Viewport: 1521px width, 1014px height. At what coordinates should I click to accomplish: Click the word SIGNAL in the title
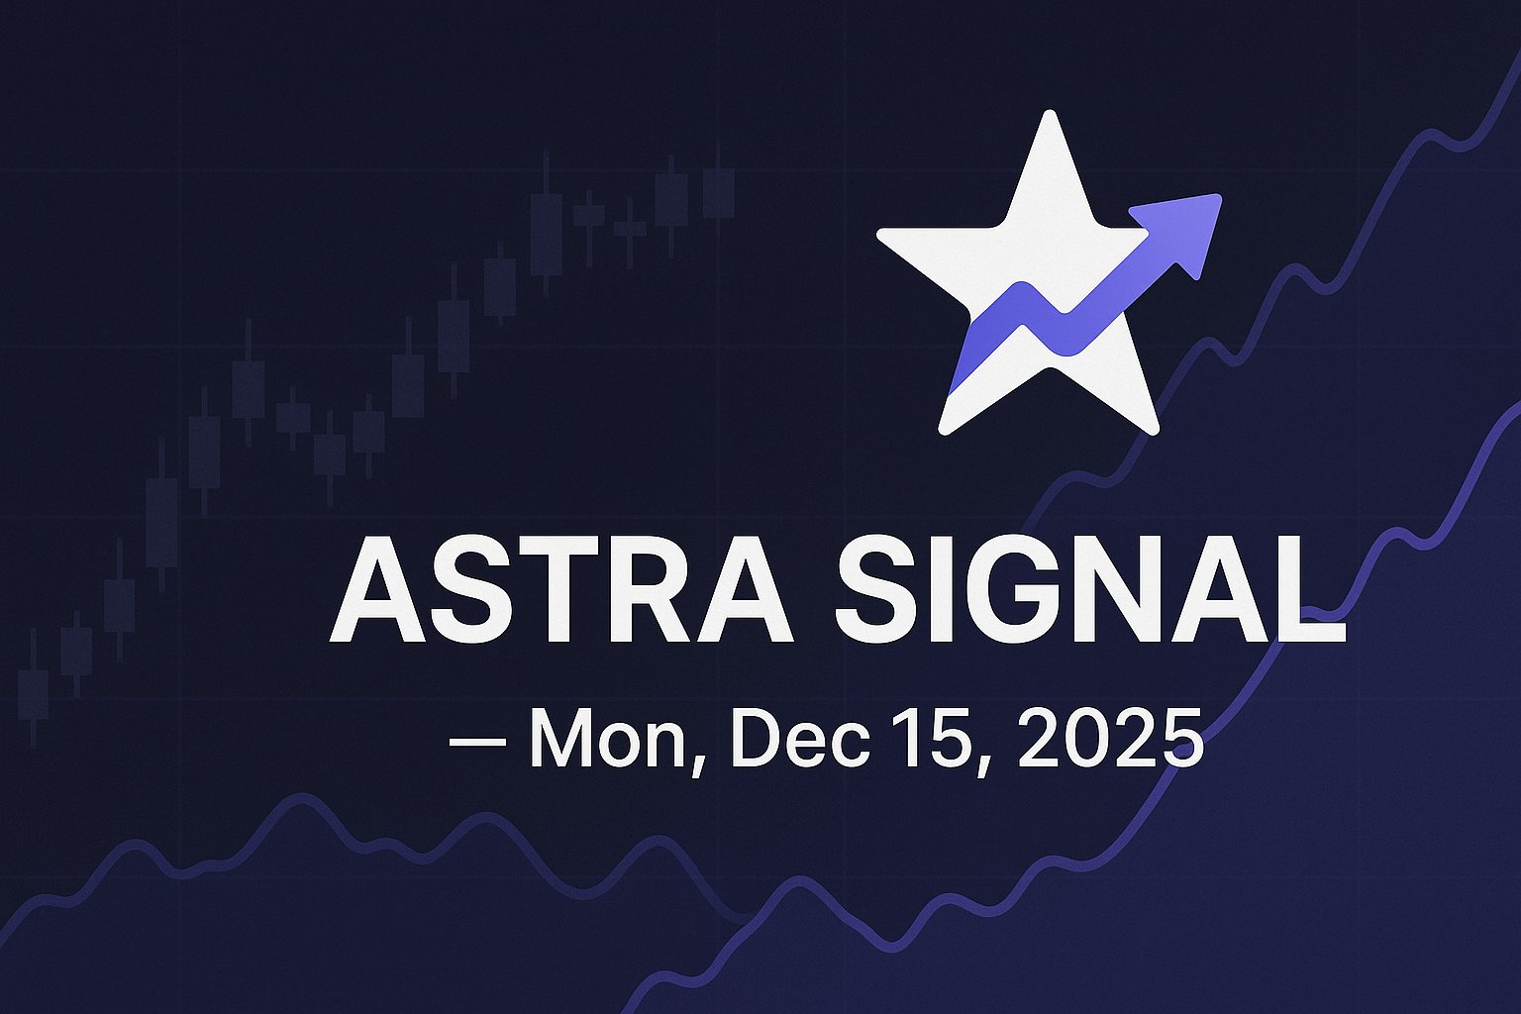click(1089, 591)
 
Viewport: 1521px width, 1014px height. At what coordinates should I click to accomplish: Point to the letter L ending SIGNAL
click(1312, 591)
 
